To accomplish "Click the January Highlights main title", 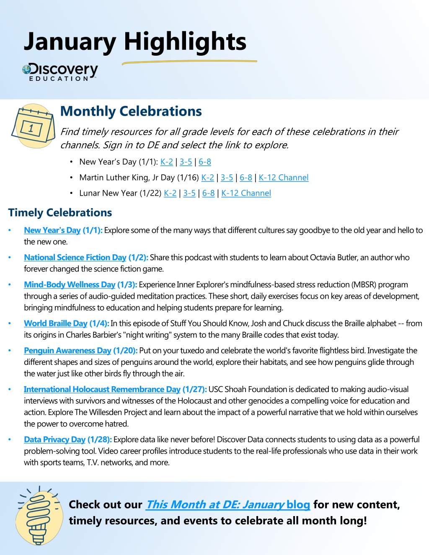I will [135, 42].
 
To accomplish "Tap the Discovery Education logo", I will [60, 72].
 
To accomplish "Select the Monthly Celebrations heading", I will [131, 111].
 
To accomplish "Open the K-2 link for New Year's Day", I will [166, 162].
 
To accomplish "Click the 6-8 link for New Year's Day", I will [204, 162].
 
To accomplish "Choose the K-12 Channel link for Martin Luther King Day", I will [283, 178].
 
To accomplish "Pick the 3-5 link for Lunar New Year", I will [189, 193].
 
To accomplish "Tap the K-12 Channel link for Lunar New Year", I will [246, 193].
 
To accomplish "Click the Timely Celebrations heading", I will [60, 213].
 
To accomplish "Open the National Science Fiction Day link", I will [75, 258].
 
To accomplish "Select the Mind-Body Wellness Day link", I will [70, 285].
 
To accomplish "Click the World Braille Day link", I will [55, 323].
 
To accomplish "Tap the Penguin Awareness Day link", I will [67, 351].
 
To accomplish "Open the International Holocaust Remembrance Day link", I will [102, 390].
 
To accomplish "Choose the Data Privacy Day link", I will [54, 440].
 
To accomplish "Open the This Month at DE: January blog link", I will [227, 505].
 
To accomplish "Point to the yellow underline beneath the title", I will [189, 62].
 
